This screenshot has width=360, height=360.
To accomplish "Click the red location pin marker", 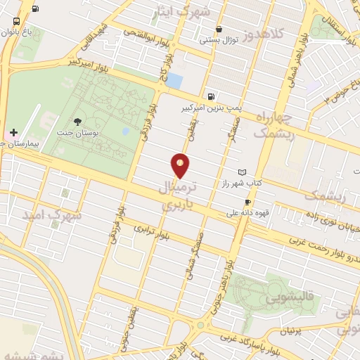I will point(181,165).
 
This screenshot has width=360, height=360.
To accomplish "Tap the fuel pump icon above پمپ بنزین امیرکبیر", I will point(212,96).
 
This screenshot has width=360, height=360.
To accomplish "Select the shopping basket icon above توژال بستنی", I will point(220,30).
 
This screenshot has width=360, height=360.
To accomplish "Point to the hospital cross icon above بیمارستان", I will point(14,131).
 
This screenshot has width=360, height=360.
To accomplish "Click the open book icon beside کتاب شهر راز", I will point(243,172).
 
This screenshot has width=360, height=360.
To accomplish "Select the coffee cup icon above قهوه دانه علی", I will point(247,202).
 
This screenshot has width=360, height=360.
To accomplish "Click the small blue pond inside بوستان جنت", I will point(125,131).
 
